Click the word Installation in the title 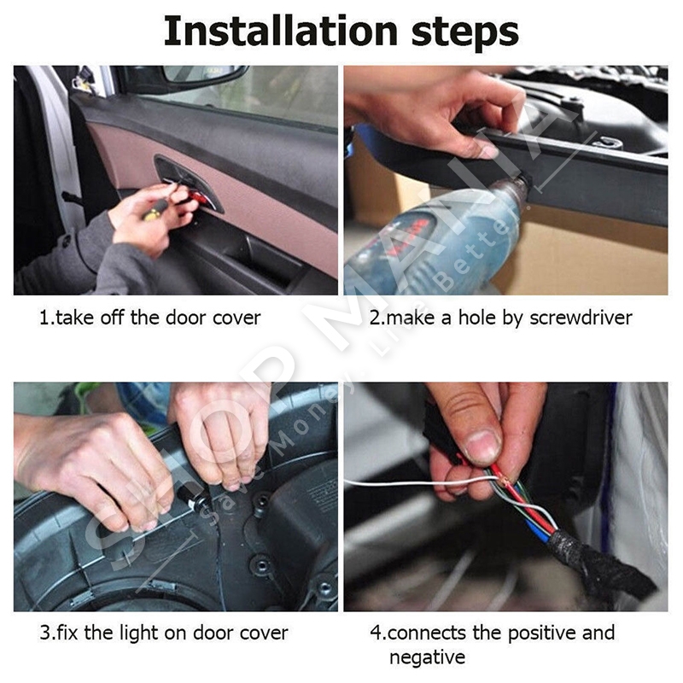(281, 31)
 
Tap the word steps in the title (464, 33)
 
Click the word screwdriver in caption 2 (581, 318)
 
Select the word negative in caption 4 (428, 657)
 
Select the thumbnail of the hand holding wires (505, 497)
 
